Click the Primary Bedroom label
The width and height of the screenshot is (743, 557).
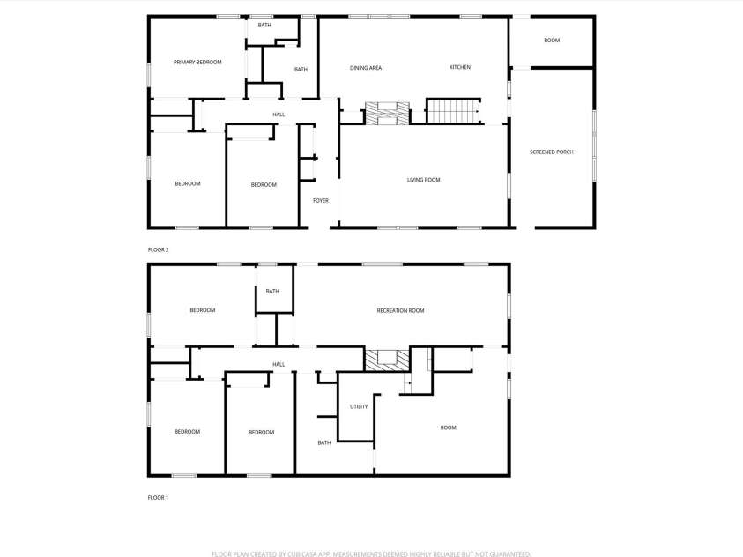coord(197,63)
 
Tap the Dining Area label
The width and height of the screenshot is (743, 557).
coord(365,68)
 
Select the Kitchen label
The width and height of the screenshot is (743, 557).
coord(460,67)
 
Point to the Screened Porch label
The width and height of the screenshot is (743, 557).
coord(552,152)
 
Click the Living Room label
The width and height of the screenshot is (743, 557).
coord(423,180)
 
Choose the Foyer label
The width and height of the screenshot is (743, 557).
coord(321,201)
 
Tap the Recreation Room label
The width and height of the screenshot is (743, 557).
coord(400,311)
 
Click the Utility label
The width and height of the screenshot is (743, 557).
coord(359,407)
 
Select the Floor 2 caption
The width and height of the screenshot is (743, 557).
coord(158,250)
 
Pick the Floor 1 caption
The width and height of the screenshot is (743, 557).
coord(158,498)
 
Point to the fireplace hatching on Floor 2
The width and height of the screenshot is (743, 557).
coord(388,113)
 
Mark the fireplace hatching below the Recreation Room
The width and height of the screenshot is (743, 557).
coord(388,359)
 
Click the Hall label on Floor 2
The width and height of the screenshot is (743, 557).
coord(279,115)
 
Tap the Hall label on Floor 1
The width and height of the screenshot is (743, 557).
coord(279,365)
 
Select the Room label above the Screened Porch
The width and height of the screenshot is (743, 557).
coord(552,41)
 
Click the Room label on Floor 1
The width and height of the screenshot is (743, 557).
coord(449,428)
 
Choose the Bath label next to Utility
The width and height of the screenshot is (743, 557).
coord(324,443)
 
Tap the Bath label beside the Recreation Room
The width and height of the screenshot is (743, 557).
coord(272,292)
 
